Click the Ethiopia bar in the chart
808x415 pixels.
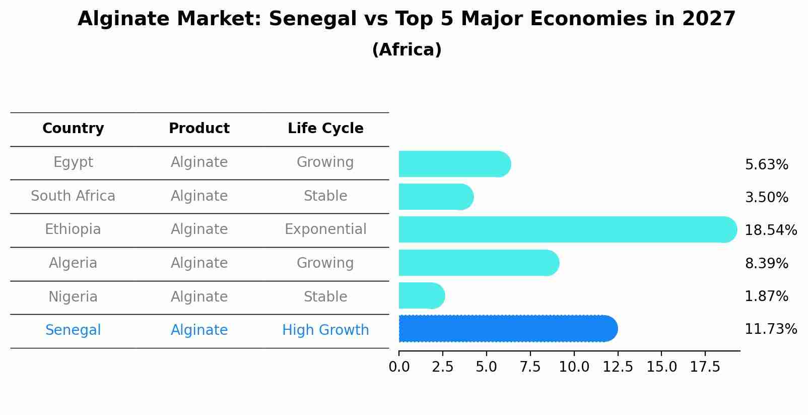tap(567, 229)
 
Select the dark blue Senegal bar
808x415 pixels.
tap(508, 329)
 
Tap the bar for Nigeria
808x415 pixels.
tap(421, 295)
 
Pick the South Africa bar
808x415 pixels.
tap(436, 197)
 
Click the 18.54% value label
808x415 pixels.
tap(770, 230)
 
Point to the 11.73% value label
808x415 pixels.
tap(770, 329)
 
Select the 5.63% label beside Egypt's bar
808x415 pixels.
tap(766, 165)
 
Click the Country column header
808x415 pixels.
tap(73, 129)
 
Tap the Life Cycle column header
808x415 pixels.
tap(325, 129)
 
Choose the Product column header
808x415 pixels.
tap(199, 129)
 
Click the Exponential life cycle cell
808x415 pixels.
tap(325, 229)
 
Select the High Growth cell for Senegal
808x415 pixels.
tap(325, 330)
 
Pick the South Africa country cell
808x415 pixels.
tap(73, 196)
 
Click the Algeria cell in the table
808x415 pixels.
tap(73, 263)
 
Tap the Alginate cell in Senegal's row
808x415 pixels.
tap(199, 330)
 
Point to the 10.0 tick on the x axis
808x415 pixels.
tap(574, 367)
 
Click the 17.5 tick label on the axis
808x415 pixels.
tap(705, 367)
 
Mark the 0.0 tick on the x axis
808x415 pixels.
tap(399, 367)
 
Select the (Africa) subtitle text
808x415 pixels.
tap(407, 50)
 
